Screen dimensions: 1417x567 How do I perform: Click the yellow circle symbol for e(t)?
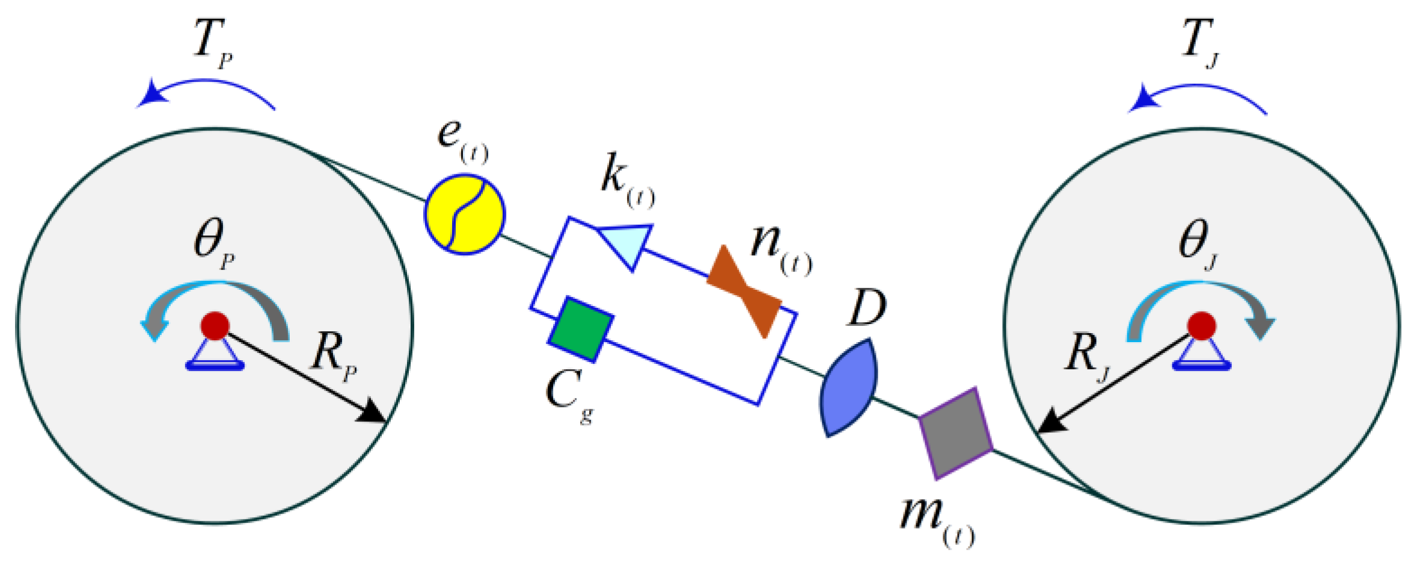tap(465, 214)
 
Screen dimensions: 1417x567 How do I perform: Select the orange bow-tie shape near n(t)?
tap(744, 290)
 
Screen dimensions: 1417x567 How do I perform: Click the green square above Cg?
tap(580, 329)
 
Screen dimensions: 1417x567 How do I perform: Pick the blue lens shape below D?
tap(848, 388)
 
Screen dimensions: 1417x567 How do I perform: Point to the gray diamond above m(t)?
tap(955, 433)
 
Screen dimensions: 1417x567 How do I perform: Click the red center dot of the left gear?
tap(215, 326)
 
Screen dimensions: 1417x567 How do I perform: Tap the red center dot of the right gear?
tap(1201, 326)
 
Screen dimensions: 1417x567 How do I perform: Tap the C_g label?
tap(569, 394)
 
